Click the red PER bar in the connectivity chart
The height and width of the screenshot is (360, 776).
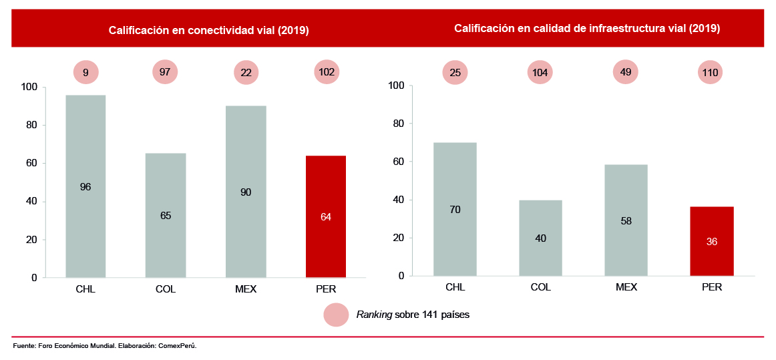coord(326,216)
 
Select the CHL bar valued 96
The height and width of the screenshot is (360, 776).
coord(85,186)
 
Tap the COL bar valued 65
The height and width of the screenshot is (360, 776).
coord(166,215)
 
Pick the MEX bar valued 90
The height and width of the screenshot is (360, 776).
coord(246,192)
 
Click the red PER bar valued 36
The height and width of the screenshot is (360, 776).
coord(712,241)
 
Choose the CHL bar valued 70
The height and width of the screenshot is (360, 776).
coord(455,209)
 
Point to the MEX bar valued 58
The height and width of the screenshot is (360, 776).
coord(626,220)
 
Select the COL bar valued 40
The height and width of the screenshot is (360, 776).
coord(540,238)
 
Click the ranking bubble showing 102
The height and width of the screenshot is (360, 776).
coord(327,72)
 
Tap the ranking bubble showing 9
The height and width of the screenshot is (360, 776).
coord(85,72)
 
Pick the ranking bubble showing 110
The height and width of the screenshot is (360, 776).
coord(712,72)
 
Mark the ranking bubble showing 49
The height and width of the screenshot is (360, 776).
coord(626,72)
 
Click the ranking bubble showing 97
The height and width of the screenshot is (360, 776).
coord(166,72)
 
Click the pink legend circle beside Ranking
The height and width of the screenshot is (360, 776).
coord(336,315)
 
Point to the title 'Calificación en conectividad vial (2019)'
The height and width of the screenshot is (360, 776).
coord(209,30)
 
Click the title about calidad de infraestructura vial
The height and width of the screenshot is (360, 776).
coord(586,29)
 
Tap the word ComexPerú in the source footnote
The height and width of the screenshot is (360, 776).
coord(178,346)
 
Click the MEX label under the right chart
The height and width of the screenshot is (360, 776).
coord(626,287)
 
